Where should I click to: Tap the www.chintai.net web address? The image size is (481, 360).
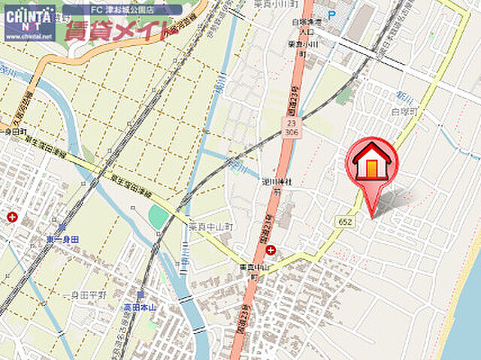[29, 35]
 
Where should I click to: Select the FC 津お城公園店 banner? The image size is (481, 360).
[122, 11]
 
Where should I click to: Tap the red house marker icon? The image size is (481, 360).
[372, 161]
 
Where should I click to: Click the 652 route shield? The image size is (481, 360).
[346, 221]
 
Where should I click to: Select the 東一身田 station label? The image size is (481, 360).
[62, 239]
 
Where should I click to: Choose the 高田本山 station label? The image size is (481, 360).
[141, 307]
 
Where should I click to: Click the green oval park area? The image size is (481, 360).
[159, 216]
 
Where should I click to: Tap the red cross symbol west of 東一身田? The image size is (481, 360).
[12, 217]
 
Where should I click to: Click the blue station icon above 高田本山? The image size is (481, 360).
[140, 294]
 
